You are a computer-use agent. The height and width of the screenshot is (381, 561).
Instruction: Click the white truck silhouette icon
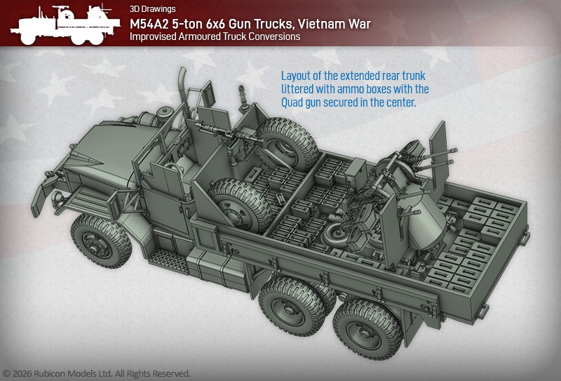(x=65, y=25)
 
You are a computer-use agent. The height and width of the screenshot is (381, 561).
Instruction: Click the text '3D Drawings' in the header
(x=152, y=9)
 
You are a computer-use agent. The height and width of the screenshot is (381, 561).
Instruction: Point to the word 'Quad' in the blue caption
(x=292, y=102)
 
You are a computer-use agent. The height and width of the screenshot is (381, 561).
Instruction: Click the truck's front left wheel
(x=100, y=241)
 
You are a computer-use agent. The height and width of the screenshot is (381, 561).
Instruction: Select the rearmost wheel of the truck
(x=367, y=330)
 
